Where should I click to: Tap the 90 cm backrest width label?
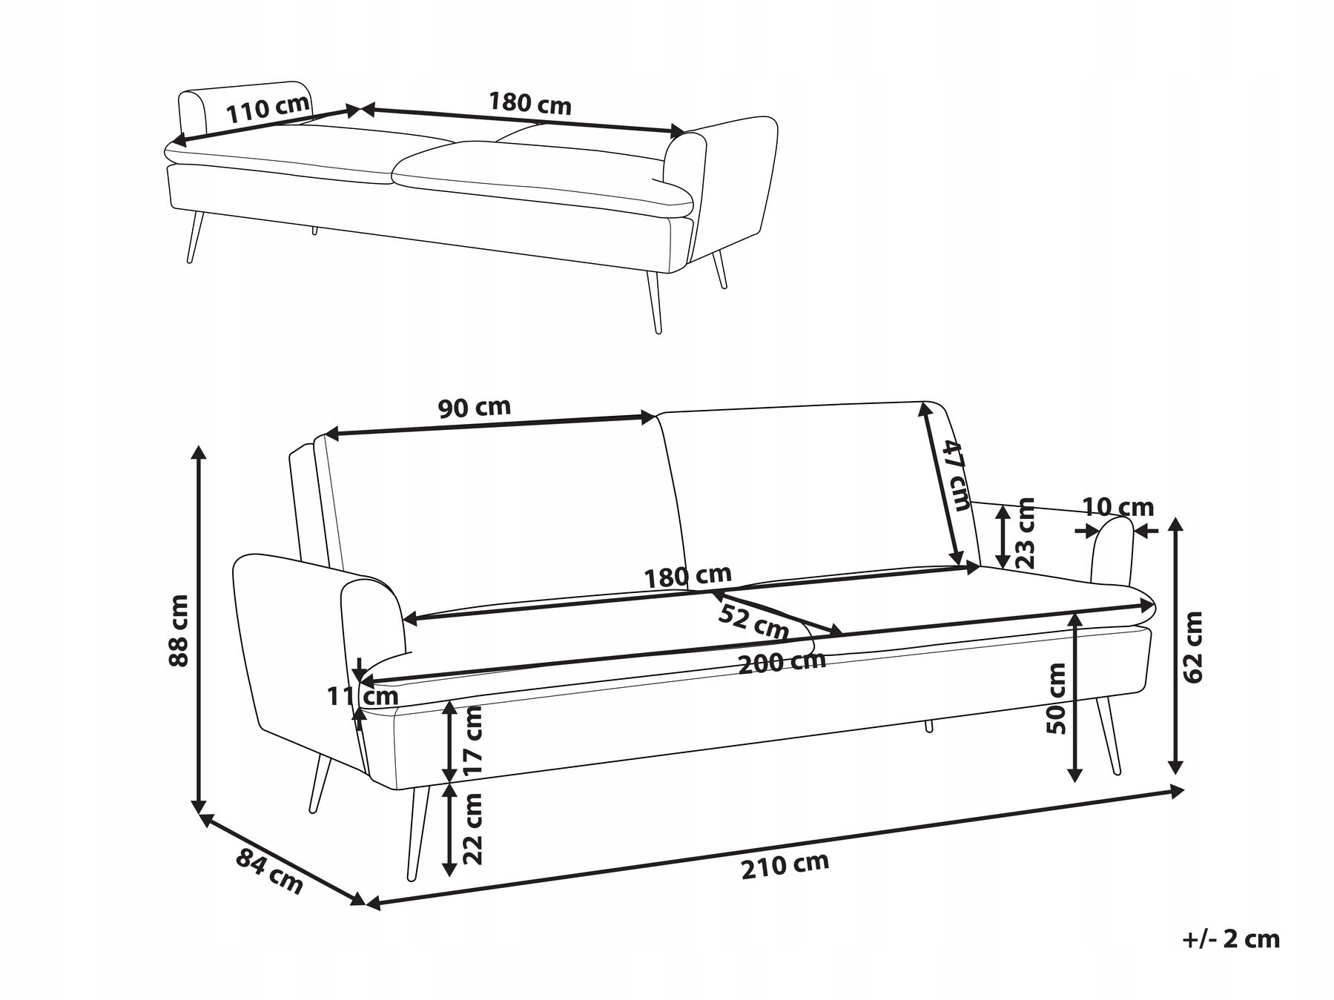click(x=475, y=407)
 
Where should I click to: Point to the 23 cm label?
click(x=1026, y=532)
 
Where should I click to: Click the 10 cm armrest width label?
click(x=1118, y=507)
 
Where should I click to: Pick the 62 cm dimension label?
click(x=1192, y=646)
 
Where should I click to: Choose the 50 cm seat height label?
click(x=1055, y=698)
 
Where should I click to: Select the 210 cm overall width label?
click(x=785, y=865)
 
